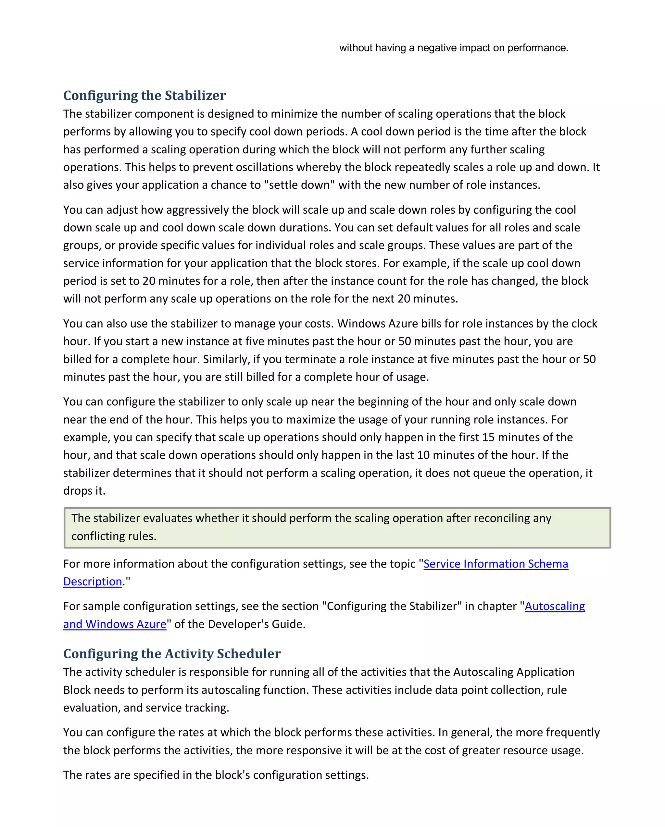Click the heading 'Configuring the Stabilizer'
144,96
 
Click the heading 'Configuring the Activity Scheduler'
172,653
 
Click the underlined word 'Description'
93,581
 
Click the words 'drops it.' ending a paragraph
84,491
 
